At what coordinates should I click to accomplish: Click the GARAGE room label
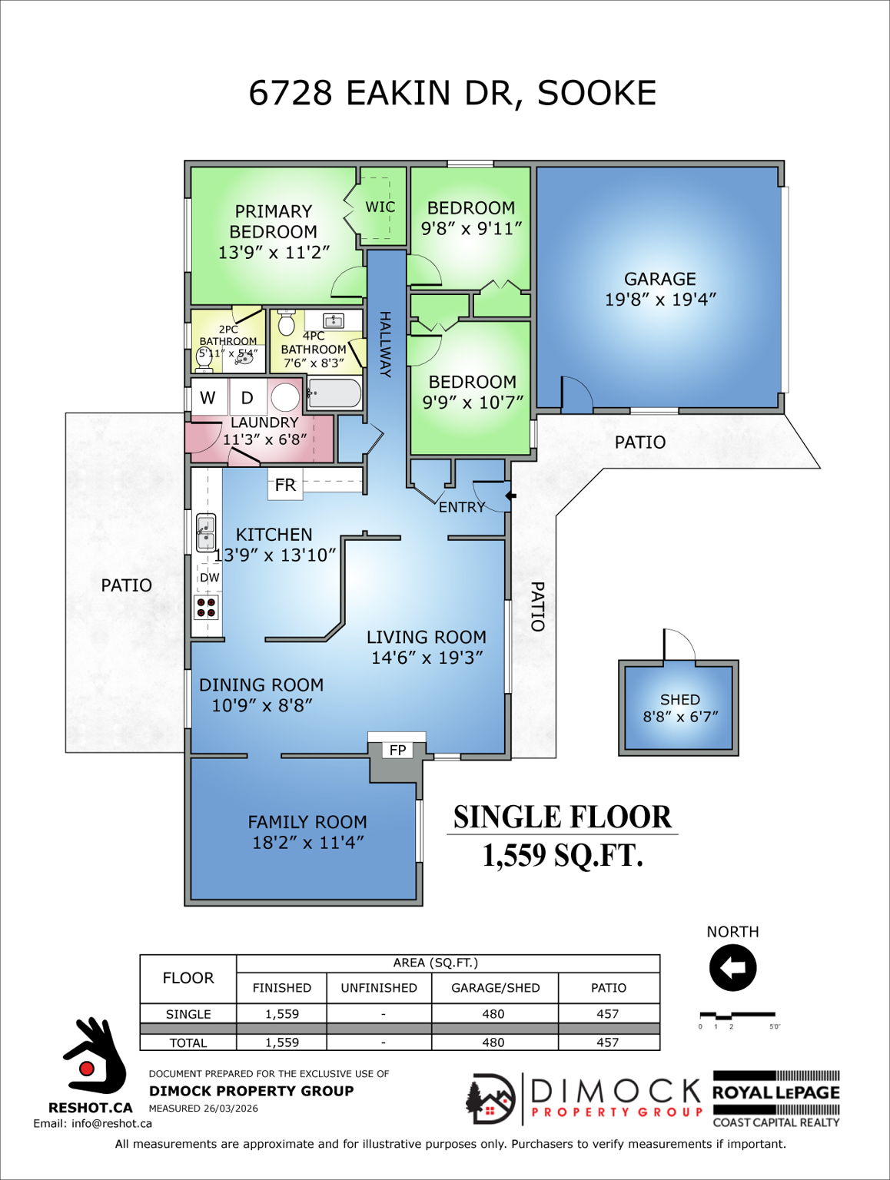659,279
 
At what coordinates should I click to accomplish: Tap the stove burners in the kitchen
206,608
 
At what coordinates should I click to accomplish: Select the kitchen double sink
206,533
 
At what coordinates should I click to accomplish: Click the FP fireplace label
397,750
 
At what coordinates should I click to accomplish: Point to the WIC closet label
380,207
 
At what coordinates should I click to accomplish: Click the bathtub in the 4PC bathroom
334,395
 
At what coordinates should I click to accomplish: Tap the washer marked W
208,397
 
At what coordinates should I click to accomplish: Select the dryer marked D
247,397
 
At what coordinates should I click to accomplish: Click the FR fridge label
285,486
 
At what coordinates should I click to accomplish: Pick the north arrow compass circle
732,968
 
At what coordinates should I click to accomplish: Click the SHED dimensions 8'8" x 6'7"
680,717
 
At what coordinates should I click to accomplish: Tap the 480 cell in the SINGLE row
493,1014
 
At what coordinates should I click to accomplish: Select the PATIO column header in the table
608,988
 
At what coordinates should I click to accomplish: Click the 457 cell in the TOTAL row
608,1042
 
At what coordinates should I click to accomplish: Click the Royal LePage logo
776,1099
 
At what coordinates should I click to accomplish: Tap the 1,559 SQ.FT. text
562,855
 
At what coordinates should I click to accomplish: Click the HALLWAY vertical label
385,344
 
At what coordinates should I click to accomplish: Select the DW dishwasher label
209,578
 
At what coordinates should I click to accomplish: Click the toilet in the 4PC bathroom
287,323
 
